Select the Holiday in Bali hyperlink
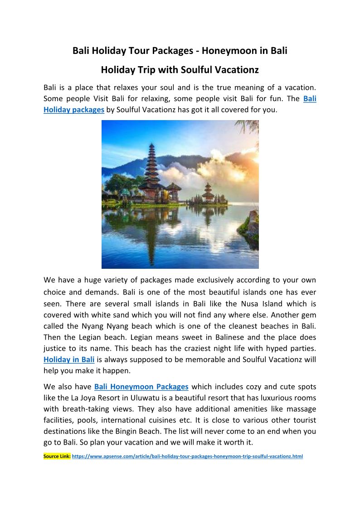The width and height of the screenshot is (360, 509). tap(69, 360)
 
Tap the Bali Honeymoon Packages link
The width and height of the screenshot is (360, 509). tap(141, 387)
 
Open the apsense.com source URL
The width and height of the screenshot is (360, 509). tap(187, 456)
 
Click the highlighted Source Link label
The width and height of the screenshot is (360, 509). tap(57, 456)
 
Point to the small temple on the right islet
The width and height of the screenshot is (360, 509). tap(208, 192)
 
